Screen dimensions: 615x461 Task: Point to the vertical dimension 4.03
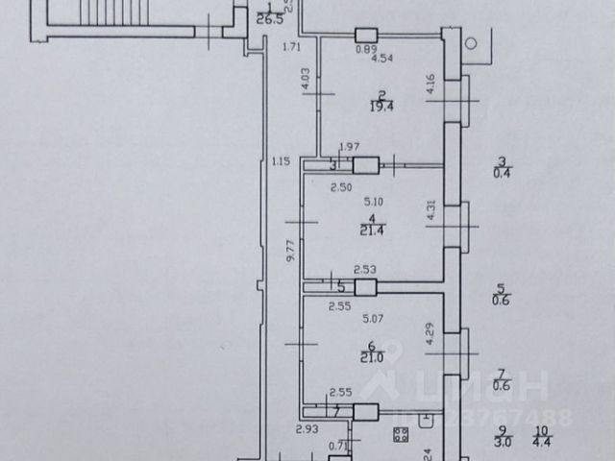coord(306,79)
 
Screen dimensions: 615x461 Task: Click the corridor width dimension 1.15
coord(281,160)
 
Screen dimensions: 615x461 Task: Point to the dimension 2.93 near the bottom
coord(307,428)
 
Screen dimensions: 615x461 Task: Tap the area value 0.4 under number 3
coord(500,173)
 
